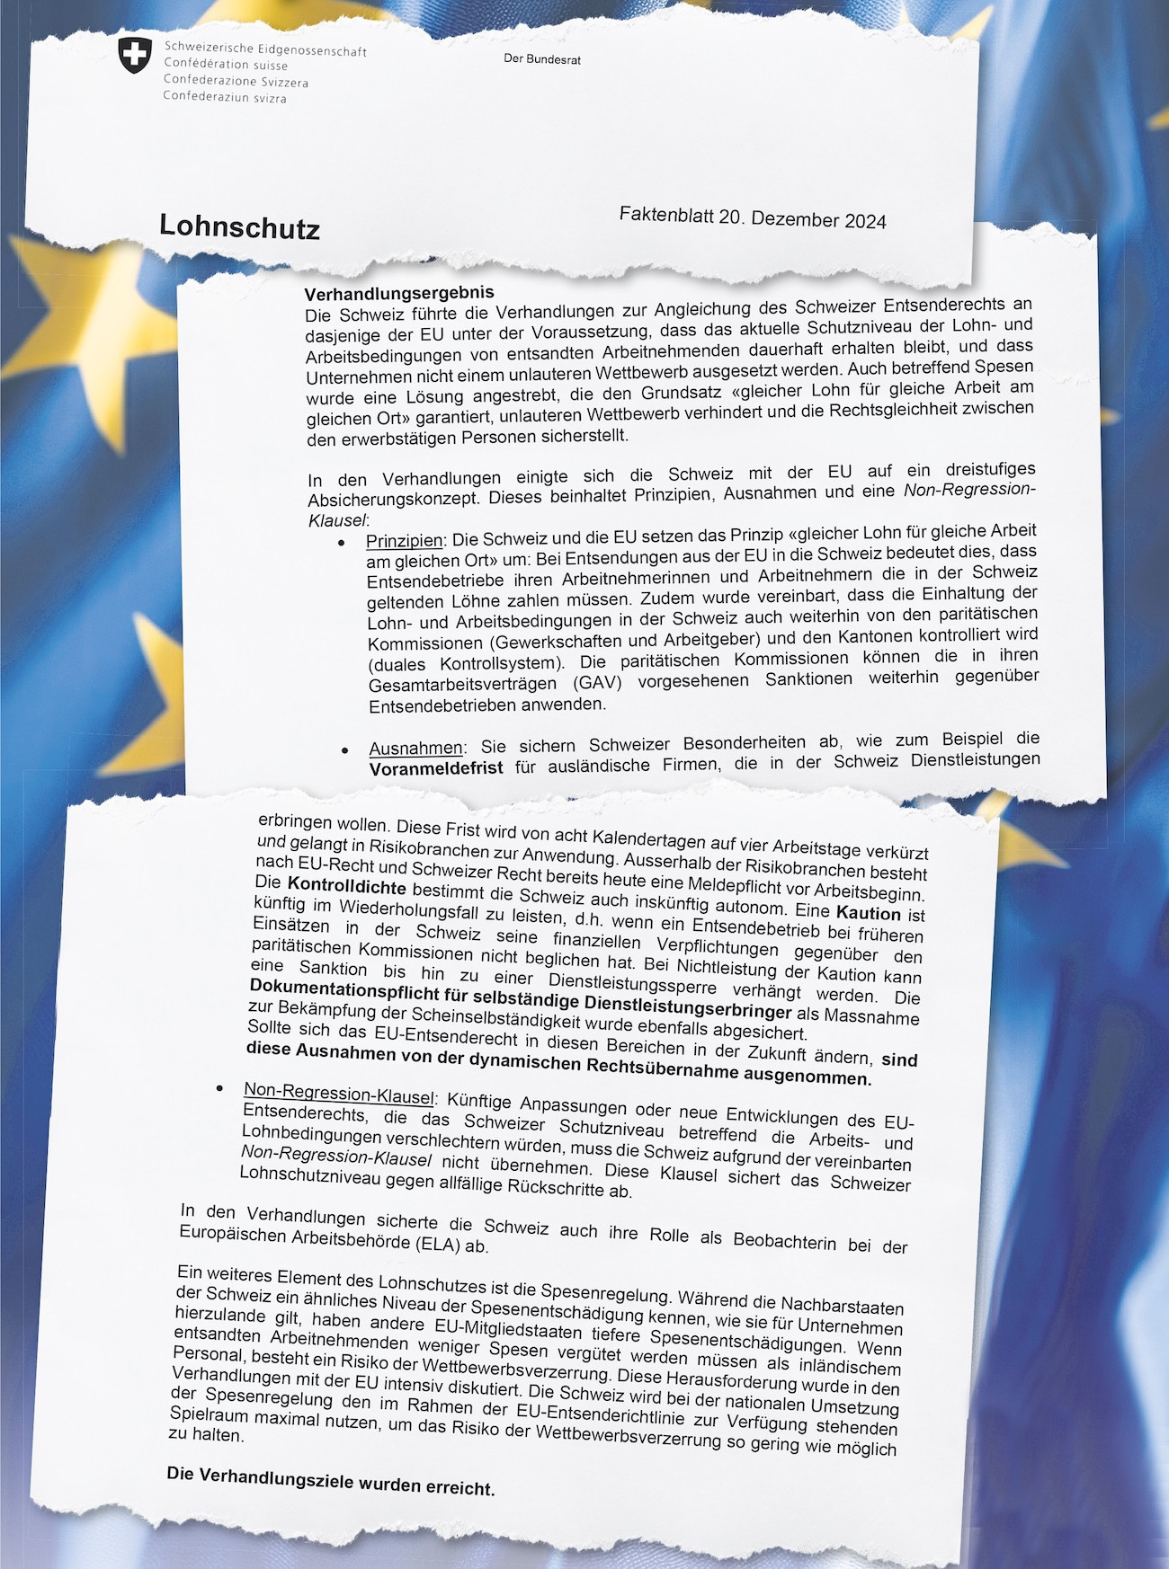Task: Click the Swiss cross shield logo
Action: pyautogui.click(x=135, y=55)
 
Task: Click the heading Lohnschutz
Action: pyautogui.click(x=239, y=226)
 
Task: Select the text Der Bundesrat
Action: pyautogui.click(x=541, y=59)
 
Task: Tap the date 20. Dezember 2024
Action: pyautogui.click(x=802, y=219)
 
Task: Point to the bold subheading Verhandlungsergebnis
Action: pyautogui.click(x=399, y=294)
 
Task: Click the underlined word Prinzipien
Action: pyautogui.click(x=405, y=541)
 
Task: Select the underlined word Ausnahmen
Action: pyautogui.click(x=415, y=749)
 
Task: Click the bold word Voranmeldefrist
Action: pyautogui.click(x=436, y=769)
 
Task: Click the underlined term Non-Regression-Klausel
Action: pyautogui.click(x=339, y=1094)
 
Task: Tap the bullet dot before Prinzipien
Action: pyautogui.click(x=341, y=543)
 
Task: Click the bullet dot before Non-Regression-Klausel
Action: pyautogui.click(x=219, y=1088)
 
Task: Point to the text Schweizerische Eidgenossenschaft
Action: pyautogui.click(x=265, y=49)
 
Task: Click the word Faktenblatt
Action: pyautogui.click(x=665, y=215)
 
